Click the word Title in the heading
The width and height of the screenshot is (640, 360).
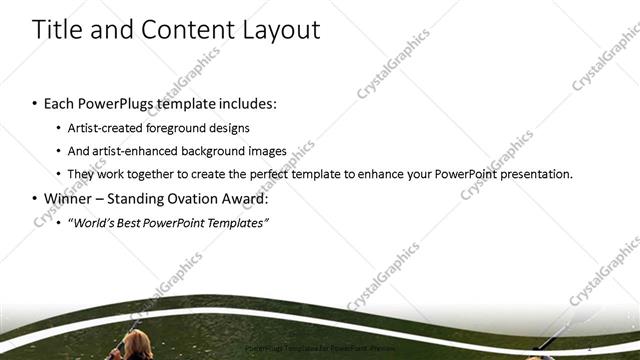58,30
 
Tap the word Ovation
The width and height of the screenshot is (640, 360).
197,198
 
